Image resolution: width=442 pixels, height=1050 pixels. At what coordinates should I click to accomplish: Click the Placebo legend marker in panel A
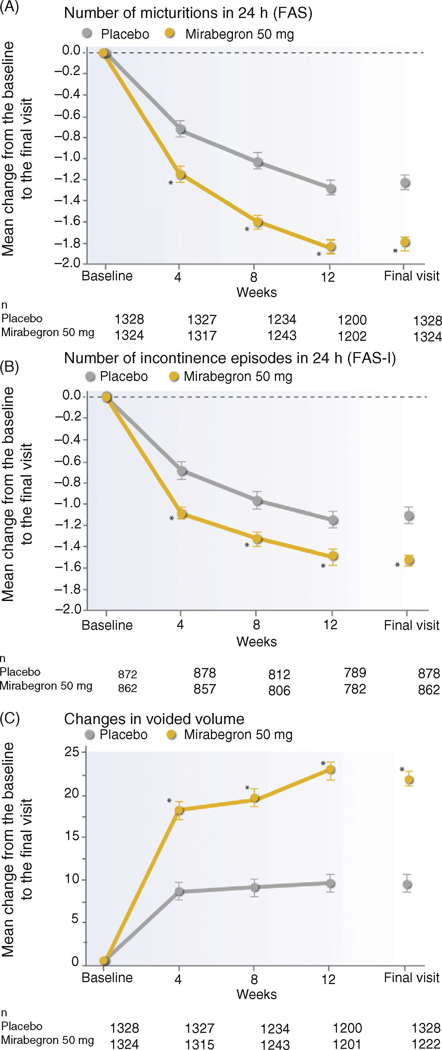click(87, 33)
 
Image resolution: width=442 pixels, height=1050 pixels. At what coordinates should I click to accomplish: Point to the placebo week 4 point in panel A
click(180, 129)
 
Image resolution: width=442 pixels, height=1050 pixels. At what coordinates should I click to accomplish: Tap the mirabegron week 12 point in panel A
click(331, 247)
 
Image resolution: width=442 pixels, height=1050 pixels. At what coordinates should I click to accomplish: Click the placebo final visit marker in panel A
click(405, 183)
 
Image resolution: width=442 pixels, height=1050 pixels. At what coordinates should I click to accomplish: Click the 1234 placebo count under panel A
click(282, 320)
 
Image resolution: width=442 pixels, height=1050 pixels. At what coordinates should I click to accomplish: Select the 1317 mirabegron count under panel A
click(202, 336)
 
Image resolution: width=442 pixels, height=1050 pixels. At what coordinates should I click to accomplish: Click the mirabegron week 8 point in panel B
click(257, 539)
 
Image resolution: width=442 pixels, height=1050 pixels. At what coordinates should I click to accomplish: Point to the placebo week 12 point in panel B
click(333, 520)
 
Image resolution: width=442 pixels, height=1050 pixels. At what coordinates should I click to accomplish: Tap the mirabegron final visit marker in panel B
click(409, 560)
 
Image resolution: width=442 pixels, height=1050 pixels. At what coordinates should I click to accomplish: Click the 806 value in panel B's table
click(279, 690)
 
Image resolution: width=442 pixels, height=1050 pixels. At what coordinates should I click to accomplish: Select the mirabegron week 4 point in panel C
click(179, 810)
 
